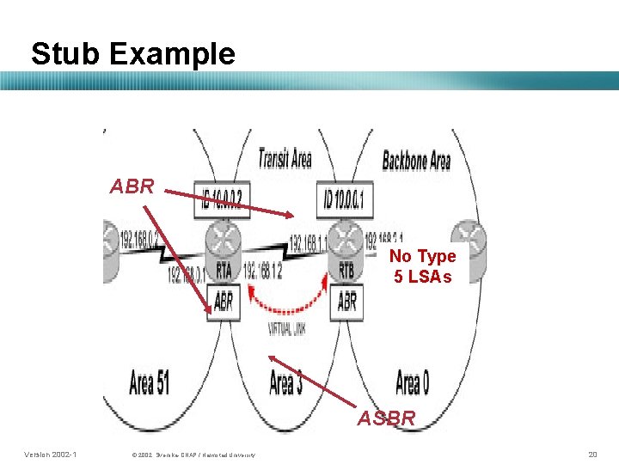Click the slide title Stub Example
132,53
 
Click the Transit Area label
285,158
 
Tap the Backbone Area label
416,160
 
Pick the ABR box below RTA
223,302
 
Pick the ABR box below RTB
347,302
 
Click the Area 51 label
149,382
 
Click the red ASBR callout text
386,418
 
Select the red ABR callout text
132,186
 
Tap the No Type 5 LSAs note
422,266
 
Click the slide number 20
591,454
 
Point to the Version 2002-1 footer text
51,454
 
